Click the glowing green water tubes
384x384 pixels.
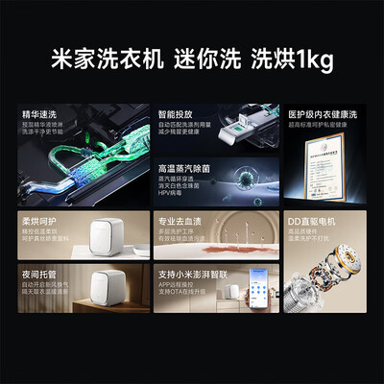(x=67, y=163)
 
